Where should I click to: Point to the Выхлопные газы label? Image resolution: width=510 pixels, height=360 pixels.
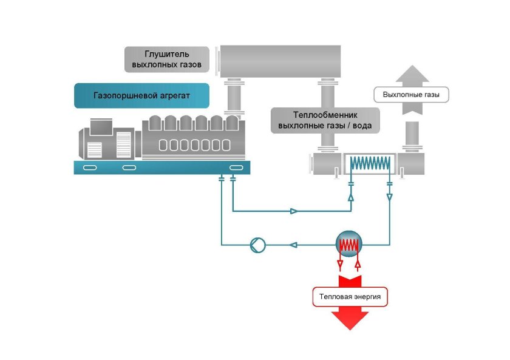click(411, 95)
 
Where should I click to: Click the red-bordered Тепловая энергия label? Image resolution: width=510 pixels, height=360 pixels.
click(351, 297)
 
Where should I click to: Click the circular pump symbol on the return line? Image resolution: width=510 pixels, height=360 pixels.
click(257, 245)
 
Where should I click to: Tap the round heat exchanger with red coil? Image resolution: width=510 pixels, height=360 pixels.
click(349, 245)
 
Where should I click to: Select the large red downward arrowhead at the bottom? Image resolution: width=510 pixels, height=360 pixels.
click(351, 319)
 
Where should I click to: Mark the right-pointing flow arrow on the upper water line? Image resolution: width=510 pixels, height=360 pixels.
click(294, 211)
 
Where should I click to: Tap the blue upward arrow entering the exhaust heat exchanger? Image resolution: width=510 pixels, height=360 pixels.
click(351, 197)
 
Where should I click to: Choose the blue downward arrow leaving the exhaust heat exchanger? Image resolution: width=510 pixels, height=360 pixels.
click(389, 197)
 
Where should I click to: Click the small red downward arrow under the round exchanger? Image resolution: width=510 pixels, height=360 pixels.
click(340, 264)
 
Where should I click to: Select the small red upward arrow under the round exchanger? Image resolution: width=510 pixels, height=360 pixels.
click(359, 264)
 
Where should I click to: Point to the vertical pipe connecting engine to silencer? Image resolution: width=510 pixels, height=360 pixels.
click(233, 98)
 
